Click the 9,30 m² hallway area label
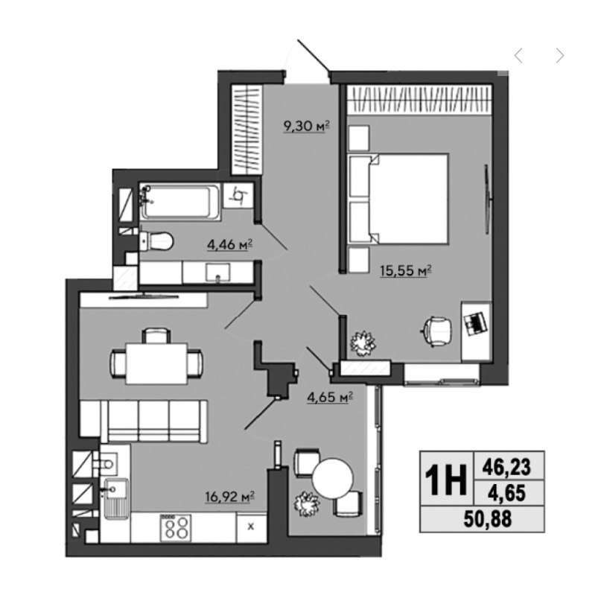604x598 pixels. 307,126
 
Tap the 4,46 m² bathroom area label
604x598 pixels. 230,244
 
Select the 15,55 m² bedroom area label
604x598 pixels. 406,270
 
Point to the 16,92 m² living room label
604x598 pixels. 230,496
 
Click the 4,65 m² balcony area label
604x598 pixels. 330,397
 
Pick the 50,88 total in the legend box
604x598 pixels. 488,518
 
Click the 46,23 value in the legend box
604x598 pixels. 506,467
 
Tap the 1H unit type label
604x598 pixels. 445,480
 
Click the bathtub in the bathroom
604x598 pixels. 180,201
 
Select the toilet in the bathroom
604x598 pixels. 156,241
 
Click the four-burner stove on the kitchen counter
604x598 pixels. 176,527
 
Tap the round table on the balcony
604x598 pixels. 332,479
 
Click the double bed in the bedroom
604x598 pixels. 398,199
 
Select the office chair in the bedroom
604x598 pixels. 438,331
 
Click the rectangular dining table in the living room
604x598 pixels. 156,363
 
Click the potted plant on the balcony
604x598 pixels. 308,504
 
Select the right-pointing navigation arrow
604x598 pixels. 560,56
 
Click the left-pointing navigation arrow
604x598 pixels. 518,56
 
